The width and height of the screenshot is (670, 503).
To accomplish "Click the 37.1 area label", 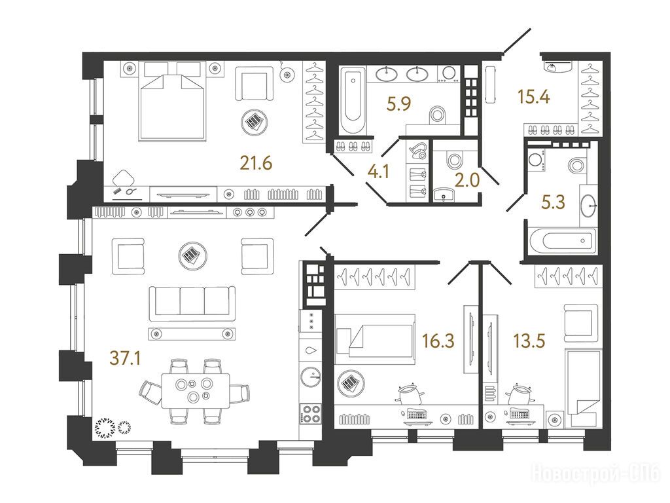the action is pos(125,358).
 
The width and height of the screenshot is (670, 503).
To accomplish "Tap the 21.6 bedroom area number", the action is pos(256,163).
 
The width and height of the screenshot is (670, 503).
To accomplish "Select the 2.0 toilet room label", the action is pos(467,181).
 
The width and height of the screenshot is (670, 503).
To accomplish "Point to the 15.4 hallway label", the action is pos(534,97).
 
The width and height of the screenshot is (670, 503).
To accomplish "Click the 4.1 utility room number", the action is pos(379,172).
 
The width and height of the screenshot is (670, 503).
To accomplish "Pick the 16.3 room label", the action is pos(438,341).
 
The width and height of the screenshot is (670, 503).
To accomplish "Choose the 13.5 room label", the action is pos(529,341).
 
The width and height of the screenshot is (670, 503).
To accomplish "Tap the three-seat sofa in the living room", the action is pos(192,303).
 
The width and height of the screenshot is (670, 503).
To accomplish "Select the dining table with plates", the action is pos(195,390).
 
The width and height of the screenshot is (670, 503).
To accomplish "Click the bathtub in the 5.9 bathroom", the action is pos(353,100).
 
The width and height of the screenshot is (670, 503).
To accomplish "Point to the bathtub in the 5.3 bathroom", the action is pos(562,241).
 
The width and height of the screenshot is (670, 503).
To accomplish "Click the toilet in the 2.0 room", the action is pos(453,160).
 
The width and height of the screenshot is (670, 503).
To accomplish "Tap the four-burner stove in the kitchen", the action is pos(311,414).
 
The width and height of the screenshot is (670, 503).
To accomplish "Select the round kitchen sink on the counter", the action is pos(311,377).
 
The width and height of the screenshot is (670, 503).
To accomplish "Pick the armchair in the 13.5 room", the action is pos(580,324).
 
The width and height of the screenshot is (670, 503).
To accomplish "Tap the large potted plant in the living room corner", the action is pos(105,428).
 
